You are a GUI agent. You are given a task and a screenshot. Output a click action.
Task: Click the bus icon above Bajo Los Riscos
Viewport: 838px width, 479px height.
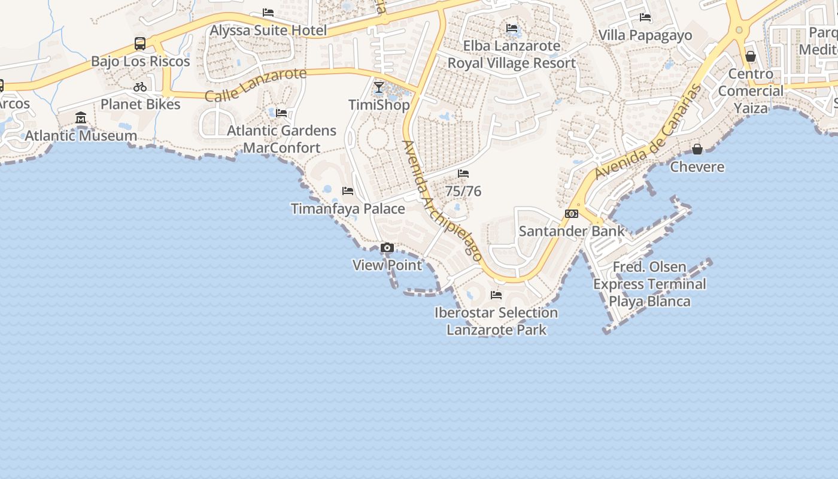140,44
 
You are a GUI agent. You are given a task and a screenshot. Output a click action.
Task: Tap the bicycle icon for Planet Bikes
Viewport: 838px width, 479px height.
140,87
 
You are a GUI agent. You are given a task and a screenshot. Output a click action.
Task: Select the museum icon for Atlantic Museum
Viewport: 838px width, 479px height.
81,118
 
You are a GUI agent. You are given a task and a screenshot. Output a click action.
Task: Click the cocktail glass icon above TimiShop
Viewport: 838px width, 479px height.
379,88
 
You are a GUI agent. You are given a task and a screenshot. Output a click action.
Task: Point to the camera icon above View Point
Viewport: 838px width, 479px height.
387,248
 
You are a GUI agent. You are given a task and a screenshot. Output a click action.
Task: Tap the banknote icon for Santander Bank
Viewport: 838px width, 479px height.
572,214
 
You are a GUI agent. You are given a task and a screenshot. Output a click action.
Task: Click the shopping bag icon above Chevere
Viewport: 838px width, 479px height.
697,149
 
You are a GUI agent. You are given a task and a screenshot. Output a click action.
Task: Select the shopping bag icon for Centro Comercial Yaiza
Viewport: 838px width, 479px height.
751,57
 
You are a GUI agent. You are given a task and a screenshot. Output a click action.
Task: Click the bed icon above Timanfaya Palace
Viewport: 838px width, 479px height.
348,191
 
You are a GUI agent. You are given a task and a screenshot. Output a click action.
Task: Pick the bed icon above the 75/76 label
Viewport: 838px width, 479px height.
463,174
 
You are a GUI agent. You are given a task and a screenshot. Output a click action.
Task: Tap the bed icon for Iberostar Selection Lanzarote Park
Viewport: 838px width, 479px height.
496,295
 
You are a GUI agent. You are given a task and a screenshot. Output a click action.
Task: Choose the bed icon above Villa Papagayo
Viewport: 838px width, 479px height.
645,18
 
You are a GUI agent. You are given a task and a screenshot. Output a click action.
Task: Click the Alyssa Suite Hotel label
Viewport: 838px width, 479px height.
268,31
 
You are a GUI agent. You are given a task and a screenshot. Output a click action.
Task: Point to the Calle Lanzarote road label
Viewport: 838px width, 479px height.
256,84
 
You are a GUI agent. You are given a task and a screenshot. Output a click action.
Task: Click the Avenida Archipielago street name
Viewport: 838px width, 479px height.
442,200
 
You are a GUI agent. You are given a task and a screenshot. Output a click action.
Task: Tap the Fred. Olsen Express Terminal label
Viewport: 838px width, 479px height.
649,284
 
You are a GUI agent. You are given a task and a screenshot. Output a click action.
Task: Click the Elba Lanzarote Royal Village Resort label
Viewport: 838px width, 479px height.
512,54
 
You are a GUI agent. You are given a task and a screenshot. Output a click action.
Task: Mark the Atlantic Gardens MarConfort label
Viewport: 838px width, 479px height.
281,139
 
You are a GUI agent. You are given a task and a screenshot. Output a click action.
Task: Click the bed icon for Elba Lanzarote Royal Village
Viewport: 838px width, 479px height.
512,28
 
